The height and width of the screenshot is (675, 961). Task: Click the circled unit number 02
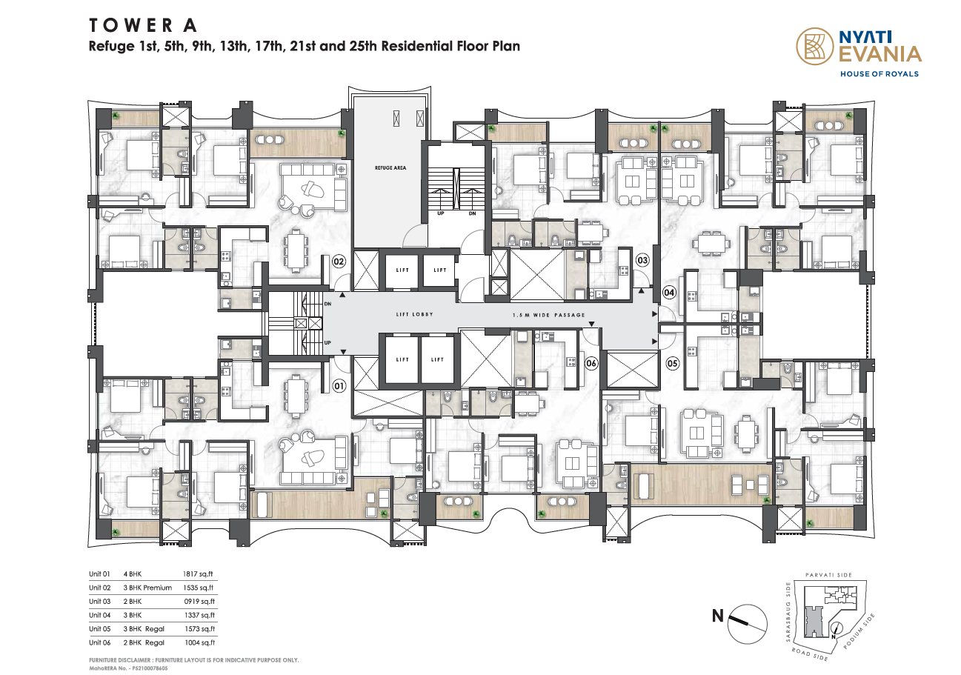tap(339, 261)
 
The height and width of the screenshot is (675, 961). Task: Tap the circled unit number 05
tap(672, 364)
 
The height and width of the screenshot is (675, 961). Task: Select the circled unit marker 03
tap(642, 260)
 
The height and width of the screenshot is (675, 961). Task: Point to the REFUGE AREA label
tap(390, 167)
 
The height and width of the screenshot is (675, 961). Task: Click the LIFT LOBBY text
tap(414, 314)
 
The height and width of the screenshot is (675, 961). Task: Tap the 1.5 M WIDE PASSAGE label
tap(549, 315)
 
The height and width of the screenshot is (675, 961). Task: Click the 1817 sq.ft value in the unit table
tap(198, 573)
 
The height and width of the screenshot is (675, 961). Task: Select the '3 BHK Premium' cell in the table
tap(147, 588)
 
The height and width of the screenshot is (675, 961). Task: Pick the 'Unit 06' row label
tap(99, 642)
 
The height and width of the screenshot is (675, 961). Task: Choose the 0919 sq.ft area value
tap(199, 601)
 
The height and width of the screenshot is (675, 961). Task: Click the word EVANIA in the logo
tap(879, 55)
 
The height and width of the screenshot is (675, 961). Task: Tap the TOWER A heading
tap(143, 25)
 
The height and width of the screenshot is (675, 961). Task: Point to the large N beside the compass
tap(718, 616)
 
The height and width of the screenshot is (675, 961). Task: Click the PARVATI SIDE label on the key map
tap(828, 574)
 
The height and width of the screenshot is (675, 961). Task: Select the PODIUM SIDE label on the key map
tap(859, 631)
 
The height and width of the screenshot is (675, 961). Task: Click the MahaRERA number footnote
tap(128, 668)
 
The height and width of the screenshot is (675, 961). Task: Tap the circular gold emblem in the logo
tap(815, 47)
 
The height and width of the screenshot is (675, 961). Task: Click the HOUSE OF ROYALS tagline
tap(879, 74)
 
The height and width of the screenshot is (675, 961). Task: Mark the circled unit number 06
tap(591, 363)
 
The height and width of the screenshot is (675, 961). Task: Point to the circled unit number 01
tap(339, 386)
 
